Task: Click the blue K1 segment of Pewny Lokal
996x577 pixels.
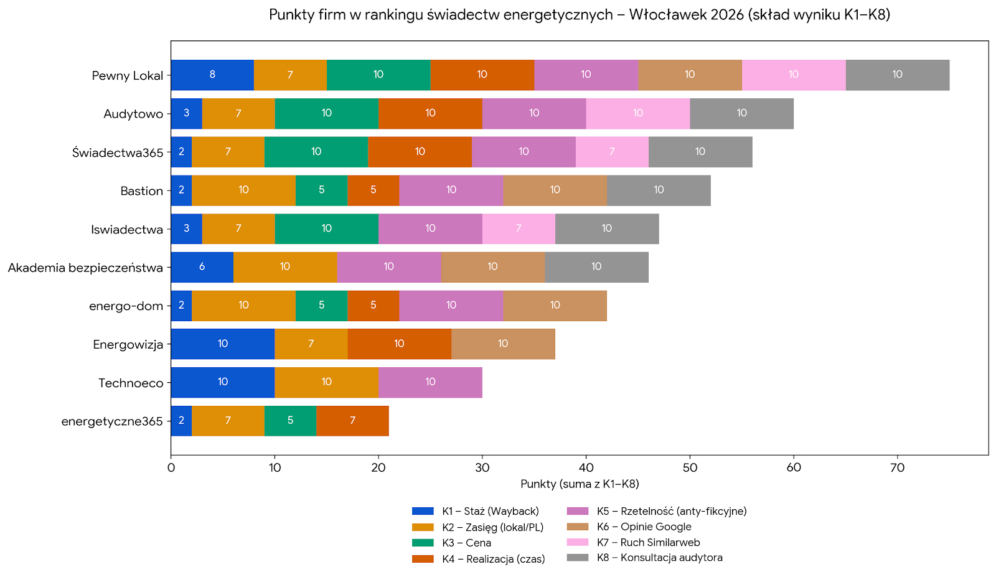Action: (x=212, y=75)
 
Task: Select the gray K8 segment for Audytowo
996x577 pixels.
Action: (x=741, y=113)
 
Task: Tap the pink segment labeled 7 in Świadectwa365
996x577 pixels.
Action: (x=612, y=152)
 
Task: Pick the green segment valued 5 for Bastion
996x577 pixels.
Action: (x=321, y=190)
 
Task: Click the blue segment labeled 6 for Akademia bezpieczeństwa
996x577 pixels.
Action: (x=202, y=267)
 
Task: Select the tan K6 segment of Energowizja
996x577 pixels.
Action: (x=503, y=344)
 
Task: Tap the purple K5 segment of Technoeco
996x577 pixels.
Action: (x=430, y=382)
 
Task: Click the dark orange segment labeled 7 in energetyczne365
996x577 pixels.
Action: (x=352, y=421)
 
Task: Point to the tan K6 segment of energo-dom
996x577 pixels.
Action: (x=555, y=306)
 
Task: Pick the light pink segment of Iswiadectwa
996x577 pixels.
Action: (x=519, y=228)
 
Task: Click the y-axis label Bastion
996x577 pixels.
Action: (x=141, y=191)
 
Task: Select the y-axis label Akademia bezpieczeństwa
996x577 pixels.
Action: (x=85, y=268)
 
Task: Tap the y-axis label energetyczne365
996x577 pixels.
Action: (x=112, y=421)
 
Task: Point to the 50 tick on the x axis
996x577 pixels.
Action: (x=690, y=467)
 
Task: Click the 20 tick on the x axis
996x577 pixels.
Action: (x=378, y=467)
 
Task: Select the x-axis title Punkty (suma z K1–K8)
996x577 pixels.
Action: (x=580, y=484)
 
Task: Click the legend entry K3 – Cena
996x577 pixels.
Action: (x=466, y=543)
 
